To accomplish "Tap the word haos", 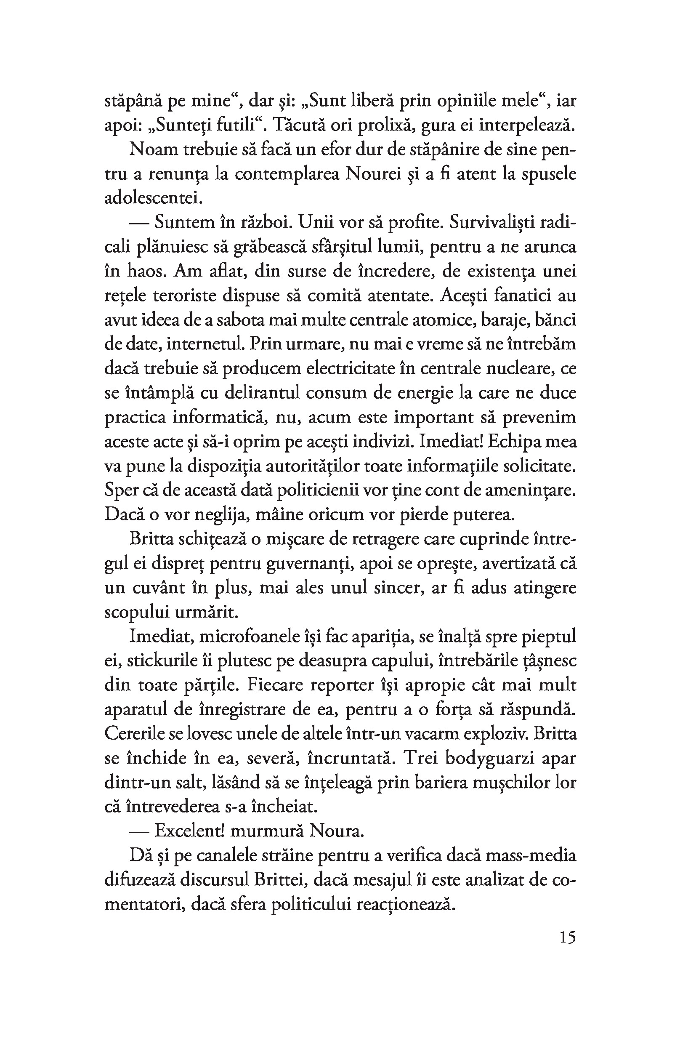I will (146, 270).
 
